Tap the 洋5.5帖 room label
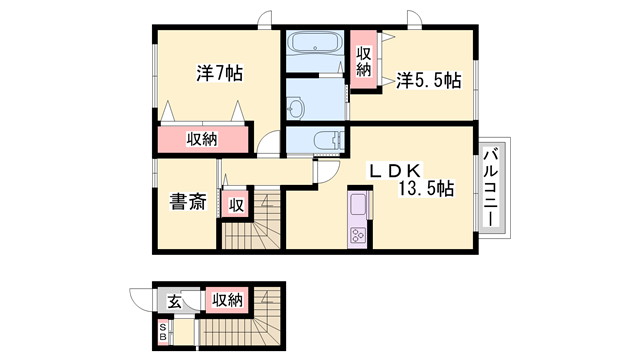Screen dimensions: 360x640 (x=427, y=80)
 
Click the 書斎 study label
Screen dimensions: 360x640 (x=185, y=202)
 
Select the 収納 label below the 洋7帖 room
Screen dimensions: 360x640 (x=201, y=140)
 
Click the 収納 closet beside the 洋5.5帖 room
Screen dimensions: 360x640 (x=364, y=62)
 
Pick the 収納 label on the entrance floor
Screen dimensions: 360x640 (x=227, y=300)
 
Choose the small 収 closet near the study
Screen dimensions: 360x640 (x=236, y=205)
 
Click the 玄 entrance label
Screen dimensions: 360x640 (x=174, y=300)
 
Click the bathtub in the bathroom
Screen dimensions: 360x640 (x=313, y=45)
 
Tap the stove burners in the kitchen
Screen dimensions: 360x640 (x=357, y=236)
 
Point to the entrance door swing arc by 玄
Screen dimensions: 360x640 (x=141, y=300)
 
